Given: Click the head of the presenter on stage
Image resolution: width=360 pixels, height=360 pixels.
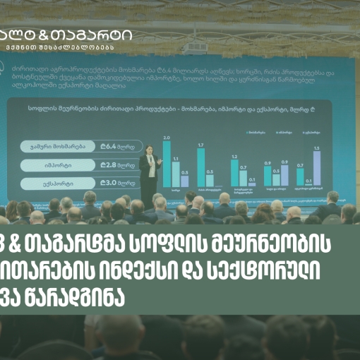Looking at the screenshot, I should click(149, 150).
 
